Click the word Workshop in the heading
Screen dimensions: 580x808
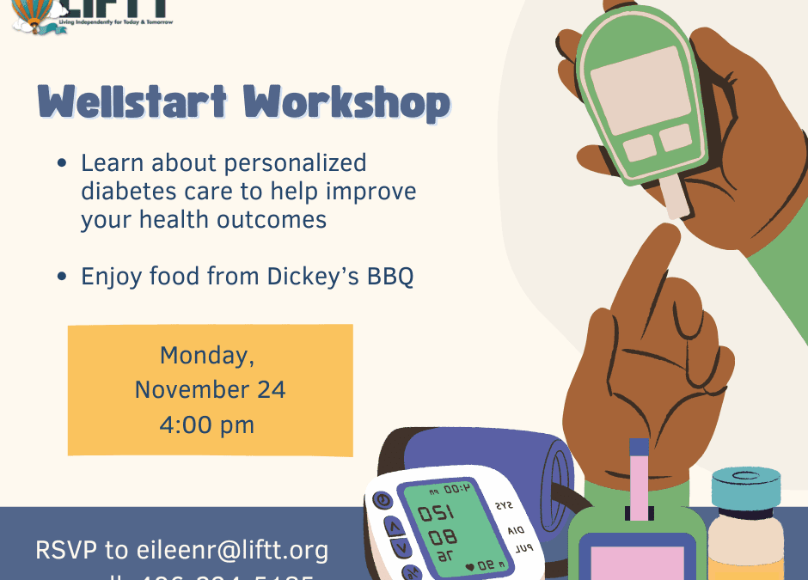(x=346, y=103)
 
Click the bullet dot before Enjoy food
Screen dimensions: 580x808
(x=62, y=277)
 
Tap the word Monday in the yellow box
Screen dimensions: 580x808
(x=207, y=355)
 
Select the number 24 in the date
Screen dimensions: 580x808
(x=266, y=390)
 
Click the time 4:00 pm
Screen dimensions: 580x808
(x=207, y=425)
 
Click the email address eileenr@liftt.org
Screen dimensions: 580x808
(x=232, y=550)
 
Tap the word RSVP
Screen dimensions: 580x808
(x=68, y=550)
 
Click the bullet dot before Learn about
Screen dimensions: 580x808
(x=62, y=163)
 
